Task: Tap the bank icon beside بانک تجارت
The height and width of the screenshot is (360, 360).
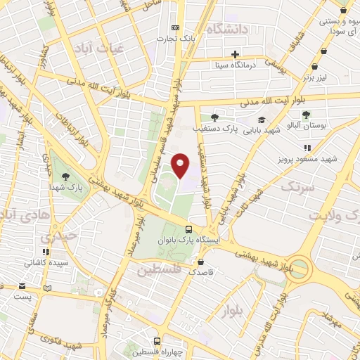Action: point(175,28)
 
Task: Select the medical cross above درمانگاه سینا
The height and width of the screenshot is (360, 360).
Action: point(236,54)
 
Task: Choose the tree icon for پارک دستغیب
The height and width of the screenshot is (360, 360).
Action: point(214,117)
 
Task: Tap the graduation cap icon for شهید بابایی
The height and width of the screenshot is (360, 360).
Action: point(262,120)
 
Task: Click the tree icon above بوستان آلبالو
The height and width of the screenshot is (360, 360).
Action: point(305,114)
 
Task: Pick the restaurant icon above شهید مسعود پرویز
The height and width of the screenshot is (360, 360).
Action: point(307,148)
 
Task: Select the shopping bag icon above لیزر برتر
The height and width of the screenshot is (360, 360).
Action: point(323,51)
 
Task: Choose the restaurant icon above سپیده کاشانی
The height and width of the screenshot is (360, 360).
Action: point(46,252)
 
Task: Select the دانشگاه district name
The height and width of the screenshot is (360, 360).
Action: point(229,29)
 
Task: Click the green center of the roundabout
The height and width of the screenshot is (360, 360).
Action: point(300,267)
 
